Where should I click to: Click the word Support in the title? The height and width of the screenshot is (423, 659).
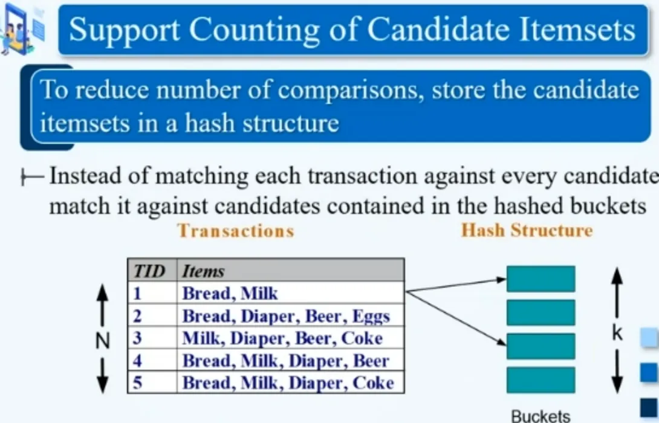coord(124,30)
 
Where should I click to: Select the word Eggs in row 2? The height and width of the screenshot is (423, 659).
coord(371,316)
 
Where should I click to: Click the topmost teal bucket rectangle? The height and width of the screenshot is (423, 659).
coord(541,279)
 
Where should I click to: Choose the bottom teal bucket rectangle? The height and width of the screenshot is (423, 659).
coord(541,379)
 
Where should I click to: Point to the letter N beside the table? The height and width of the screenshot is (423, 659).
coord(103,340)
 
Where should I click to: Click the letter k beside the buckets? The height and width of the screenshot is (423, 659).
coord(617,332)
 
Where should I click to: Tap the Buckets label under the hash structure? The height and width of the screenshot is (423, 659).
coord(541,416)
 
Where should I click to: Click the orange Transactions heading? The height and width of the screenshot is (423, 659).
coord(236,231)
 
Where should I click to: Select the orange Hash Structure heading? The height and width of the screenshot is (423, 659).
coord(527,230)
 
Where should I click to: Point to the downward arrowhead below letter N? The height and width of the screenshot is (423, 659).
coord(103,384)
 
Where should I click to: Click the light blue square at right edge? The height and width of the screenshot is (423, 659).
coord(650,337)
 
